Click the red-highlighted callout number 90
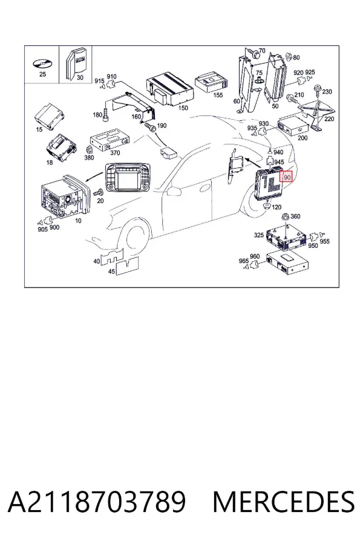(287, 177)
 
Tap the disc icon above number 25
(42, 64)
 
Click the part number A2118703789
(97, 502)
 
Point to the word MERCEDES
(284, 502)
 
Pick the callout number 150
(183, 108)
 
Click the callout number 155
(218, 95)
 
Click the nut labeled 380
(88, 149)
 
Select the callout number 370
(114, 153)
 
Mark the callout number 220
(329, 119)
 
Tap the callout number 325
(259, 235)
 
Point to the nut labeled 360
(286, 216)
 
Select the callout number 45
(111, 271)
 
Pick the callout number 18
(50, 163)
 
